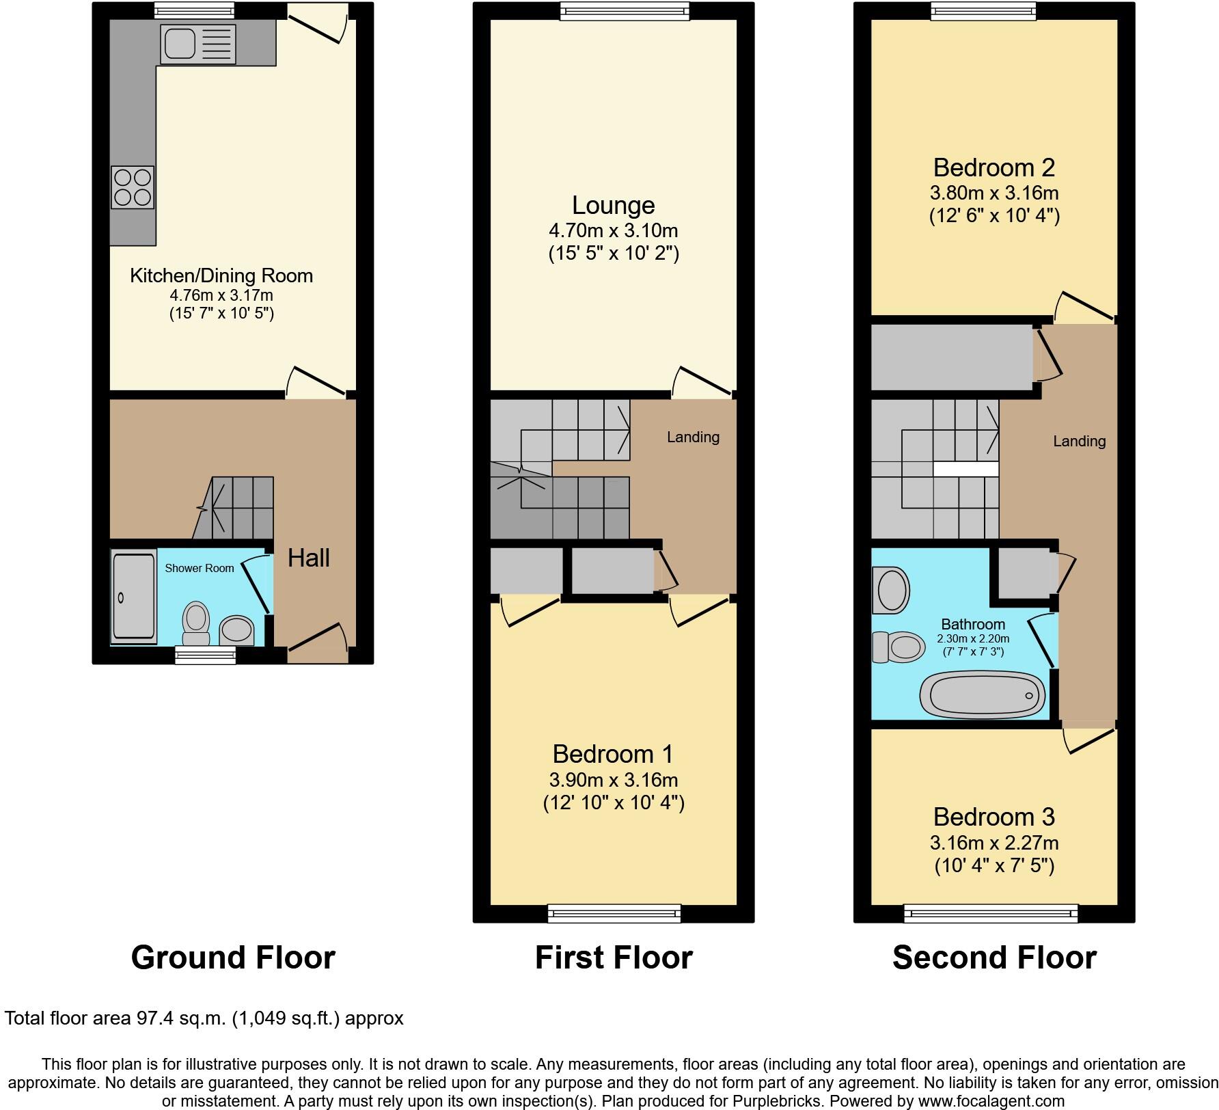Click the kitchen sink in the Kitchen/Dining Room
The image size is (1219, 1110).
179,44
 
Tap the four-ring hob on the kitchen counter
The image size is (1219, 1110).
132,187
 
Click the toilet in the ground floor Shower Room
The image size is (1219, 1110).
196,623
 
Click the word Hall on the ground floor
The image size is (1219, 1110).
308,558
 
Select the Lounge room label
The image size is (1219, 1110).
613,205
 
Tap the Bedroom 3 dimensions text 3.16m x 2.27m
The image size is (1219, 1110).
994,843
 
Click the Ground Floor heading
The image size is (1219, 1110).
233,958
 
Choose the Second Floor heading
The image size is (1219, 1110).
994,958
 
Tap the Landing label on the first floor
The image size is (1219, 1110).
693,437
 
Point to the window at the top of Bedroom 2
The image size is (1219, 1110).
984,10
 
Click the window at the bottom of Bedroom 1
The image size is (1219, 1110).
614,913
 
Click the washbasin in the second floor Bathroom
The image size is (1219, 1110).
891,590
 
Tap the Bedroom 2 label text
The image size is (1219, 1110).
994,167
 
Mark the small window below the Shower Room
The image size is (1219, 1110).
205,655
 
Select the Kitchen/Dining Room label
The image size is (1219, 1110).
221,275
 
